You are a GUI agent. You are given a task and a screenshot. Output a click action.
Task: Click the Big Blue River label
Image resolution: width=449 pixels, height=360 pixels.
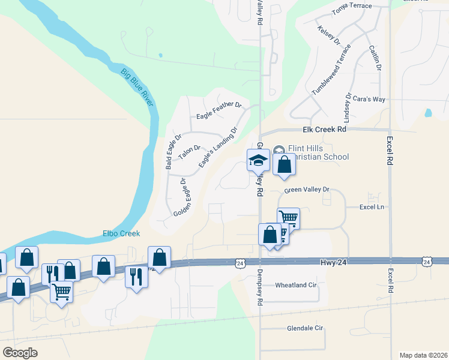pos(137,89)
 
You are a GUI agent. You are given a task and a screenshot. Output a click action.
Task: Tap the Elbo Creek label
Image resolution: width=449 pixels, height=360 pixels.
pos(120,233)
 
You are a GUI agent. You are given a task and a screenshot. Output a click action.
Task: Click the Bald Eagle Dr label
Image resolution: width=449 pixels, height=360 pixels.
pos(169,153)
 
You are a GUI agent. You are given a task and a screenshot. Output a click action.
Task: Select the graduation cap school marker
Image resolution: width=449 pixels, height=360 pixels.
pos(259,160)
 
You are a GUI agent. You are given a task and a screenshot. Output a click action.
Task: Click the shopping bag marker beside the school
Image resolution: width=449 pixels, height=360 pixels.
pos(285,164)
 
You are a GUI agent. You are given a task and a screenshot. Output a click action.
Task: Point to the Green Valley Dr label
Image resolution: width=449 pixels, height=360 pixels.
pos(307,190)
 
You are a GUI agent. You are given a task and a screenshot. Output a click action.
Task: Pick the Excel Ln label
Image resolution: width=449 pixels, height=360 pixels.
pos(371,206)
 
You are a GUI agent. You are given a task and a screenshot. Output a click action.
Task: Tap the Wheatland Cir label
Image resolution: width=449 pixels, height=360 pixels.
pos(295,286)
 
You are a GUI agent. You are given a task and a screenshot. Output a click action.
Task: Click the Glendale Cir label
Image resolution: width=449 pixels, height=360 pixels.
pos(305,329)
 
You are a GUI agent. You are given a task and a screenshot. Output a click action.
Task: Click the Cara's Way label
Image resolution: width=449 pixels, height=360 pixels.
pos(369,99)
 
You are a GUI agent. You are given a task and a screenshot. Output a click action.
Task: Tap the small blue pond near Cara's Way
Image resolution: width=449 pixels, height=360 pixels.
pos(427,112)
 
